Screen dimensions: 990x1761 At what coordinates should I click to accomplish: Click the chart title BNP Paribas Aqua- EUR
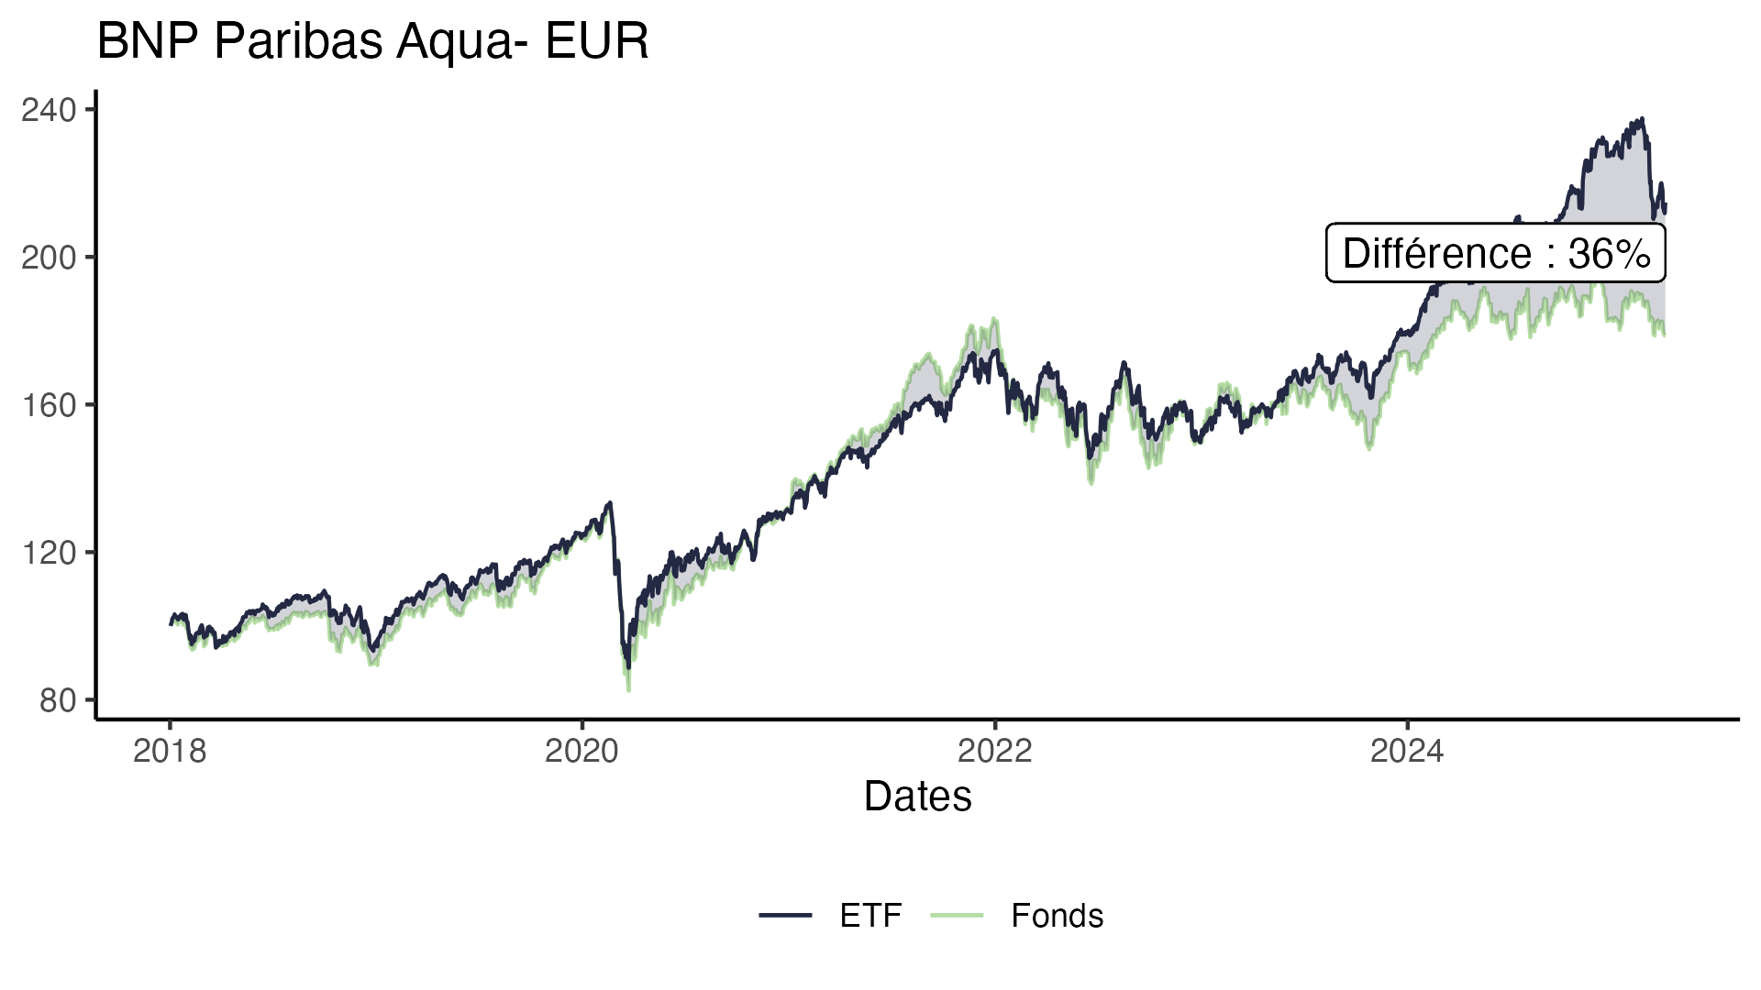[372, 42]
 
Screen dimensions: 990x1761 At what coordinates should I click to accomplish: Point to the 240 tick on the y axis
[48, 110]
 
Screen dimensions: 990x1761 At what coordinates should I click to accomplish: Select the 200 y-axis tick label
[48, 258]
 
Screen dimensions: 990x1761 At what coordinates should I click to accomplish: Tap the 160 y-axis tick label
[48, 405]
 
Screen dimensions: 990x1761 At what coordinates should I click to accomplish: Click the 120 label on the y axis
[48, 553]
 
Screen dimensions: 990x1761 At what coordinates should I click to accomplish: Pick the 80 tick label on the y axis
[57, 700]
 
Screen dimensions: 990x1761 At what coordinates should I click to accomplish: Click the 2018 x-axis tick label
[170, 752]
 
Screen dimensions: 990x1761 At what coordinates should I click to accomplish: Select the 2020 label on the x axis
[581, 752]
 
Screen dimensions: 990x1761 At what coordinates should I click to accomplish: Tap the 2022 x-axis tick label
[994, 752]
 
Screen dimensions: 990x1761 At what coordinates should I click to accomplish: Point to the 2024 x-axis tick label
[1407, 752]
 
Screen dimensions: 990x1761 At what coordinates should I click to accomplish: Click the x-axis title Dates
[917, 797]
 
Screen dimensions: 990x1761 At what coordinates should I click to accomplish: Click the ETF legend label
[870, 916]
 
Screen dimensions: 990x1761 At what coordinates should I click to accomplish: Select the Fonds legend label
[1057, 916]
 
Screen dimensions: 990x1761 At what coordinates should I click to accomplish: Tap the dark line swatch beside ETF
[785, 915]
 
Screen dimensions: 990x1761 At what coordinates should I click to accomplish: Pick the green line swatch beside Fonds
[957, 915]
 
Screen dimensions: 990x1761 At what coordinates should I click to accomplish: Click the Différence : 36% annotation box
[1495, 253]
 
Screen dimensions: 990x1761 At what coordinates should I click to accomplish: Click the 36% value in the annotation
[1609, 254]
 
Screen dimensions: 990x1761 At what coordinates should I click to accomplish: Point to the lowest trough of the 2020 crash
[628, 689]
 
